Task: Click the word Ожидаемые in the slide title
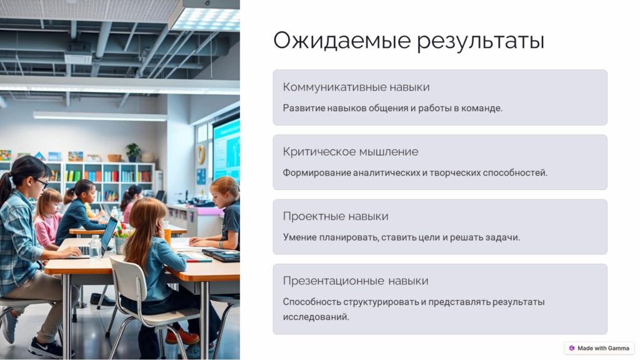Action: (342, 41)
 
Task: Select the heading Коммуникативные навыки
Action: (356, 87)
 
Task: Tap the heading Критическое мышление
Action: (351, 151)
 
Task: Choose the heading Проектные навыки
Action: (336, 216)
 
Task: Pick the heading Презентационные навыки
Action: (356, 281)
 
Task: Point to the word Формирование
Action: (317, 172)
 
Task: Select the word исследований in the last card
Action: (316, 317)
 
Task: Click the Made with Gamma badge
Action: (599, 348)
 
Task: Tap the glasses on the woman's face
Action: (42, 182)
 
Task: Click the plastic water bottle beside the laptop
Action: (95, 246)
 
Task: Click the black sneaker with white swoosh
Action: (46, 348)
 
